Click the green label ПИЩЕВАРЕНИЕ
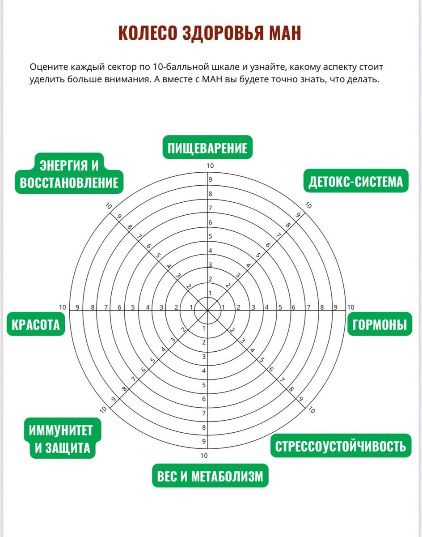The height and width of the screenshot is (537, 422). [x=207, y=147]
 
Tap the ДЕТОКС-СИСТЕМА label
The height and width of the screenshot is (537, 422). [x=355, y=181]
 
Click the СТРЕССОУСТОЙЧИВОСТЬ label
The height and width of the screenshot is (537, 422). [x=341, y=446]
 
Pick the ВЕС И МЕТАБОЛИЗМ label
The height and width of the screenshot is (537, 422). [x=210, y=476]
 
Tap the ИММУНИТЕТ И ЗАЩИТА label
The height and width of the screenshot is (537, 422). [x=63, y=439]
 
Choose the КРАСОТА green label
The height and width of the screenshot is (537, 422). [x=35, y=324]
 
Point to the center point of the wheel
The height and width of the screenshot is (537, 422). [x=208, y=310]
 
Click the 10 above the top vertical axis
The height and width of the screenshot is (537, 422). [x=210, y=166]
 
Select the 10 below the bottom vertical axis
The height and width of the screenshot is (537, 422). [x=204, y=456]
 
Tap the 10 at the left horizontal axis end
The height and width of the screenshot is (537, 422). [x=63, y=307]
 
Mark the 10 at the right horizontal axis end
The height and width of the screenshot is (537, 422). [x=350, y=307]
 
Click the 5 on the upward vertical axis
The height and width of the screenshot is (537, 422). [x=210, y=237]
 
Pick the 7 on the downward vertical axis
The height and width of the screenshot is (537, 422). [x=204, y=413]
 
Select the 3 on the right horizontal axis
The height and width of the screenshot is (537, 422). [x=253, y=307]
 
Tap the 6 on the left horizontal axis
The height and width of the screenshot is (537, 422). [x=119, y=307]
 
